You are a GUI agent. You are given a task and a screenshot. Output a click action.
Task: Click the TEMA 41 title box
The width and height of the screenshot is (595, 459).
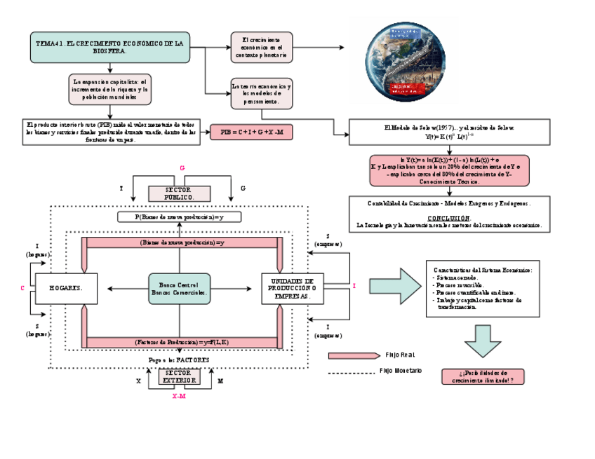pos(111,47)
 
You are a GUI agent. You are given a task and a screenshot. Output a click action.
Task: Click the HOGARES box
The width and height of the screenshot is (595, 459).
pos(66,289)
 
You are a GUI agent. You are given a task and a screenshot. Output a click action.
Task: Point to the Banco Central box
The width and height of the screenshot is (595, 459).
pos(179,289)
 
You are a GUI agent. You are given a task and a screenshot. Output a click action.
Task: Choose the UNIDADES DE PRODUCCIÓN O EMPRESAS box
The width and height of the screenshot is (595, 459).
pos(293,289)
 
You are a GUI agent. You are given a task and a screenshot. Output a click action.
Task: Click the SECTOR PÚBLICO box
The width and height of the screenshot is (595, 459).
pos(179,193)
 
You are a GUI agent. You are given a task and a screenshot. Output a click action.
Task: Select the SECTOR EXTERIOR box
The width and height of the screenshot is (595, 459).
pos(179,377)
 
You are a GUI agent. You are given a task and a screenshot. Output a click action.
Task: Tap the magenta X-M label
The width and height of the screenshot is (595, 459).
pos(179,396)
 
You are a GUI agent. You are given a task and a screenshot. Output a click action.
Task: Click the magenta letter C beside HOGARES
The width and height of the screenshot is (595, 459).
pos(22,288)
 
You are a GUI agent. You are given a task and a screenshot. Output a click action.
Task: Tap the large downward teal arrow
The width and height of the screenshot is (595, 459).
pos(482,342)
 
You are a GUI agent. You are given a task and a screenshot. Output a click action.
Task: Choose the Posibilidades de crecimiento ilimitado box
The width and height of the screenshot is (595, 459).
pos(483,376)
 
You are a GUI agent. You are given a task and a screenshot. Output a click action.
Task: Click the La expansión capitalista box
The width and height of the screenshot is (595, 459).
pos(111,89)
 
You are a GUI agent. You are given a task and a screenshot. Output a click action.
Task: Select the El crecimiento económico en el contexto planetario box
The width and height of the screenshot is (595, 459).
pos(262,47)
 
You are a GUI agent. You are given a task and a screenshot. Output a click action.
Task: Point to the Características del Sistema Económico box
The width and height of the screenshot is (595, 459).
pos(483,287)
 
